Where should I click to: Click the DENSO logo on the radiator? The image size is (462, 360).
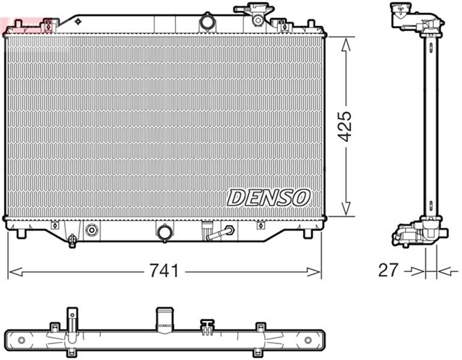pos(269,196)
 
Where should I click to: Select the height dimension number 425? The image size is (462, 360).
pos(346,126)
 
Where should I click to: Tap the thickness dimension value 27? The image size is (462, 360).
pos(388,271)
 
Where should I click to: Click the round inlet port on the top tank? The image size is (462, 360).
pos(208,22)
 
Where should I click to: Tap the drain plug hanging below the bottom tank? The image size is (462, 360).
pos(72,241)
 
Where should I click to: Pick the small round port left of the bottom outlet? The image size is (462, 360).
pos(92,231)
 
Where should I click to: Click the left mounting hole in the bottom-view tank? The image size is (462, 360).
pos(21,339)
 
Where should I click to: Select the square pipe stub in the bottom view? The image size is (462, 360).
pos(165,320)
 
